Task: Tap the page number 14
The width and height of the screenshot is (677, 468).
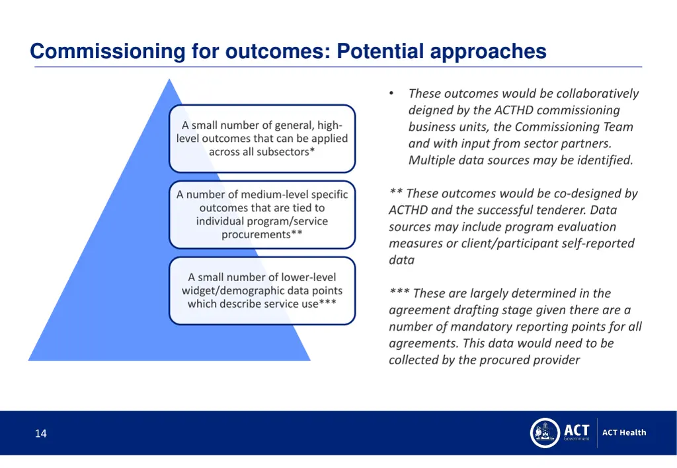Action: tap(41, 434)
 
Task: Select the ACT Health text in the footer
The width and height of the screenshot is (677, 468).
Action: tap(624, 433)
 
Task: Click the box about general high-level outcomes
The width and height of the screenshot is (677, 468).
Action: tap(262, 139)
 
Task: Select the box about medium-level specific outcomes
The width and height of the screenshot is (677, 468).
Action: tap(262, 215)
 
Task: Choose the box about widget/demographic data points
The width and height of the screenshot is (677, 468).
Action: tap(262, 290)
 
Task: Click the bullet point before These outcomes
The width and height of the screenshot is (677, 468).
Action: tap(392, 94)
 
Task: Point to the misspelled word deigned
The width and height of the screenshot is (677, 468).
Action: tap(430, 110)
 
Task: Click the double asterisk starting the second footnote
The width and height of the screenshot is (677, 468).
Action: tap(396, 193)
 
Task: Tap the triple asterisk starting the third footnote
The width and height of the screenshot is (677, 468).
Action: tap(399, 292)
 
